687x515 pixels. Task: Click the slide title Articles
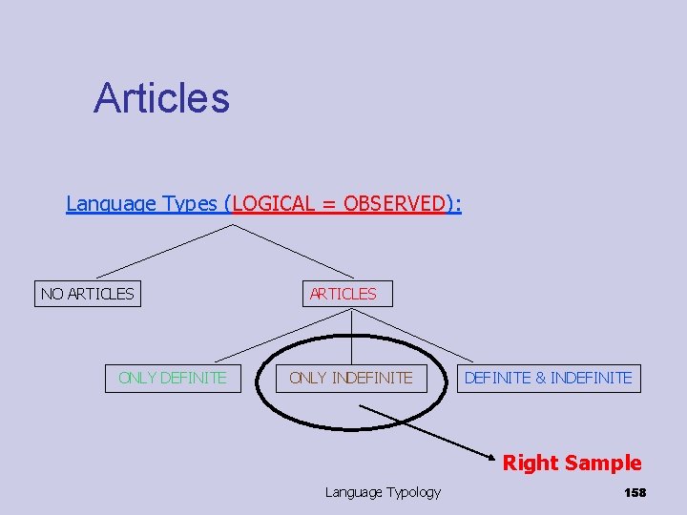[x=161, y=97]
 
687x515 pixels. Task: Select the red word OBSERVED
[x=394, y=203]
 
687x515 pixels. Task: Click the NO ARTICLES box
[x=88, y=294]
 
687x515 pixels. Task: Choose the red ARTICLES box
[x=343, y=294]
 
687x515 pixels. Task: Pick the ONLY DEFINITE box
[x=173, y=378]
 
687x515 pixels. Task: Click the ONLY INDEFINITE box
[x=351, y=378]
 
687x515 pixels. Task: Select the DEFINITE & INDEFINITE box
[x=548, y=378]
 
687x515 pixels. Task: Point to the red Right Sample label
[x=572, y=463]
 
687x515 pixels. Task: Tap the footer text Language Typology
[x=383, y=492]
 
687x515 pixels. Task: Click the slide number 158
[x=635, y=492]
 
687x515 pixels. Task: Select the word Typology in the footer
[x=412, y=492]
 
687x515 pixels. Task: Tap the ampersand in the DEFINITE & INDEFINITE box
[x=540, y=378]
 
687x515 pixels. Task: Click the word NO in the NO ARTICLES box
[x=51, y=294]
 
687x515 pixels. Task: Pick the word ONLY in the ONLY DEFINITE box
[x=137, y=378]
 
